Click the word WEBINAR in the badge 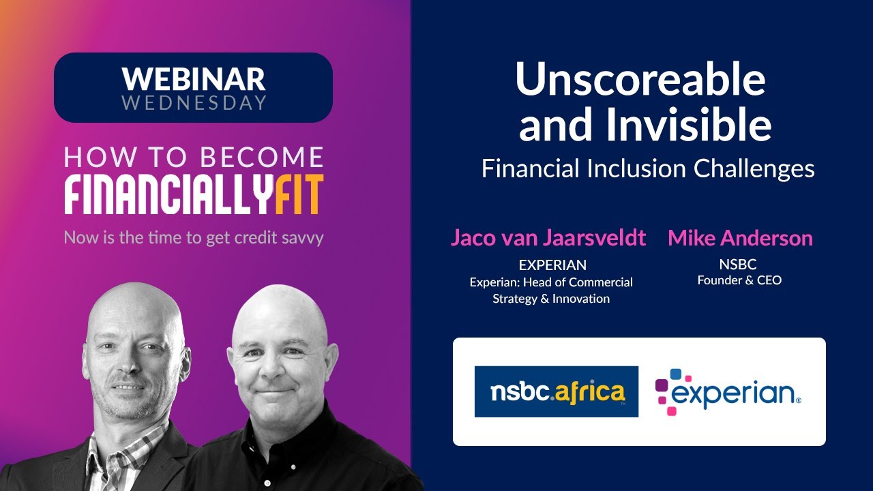pos(193,79)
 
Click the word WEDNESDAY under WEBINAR pos(194,103)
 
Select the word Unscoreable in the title pos(640,80)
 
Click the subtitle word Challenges pos(754,168)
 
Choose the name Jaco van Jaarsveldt pos(548,238)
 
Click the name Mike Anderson pos(740,238)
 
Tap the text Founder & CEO pos(739,280)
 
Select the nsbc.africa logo pos(557,391)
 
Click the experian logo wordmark pos(735,393)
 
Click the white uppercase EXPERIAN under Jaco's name pos(552,265)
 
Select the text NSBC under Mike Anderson pos(738,265)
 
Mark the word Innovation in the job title pos(580,299)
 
